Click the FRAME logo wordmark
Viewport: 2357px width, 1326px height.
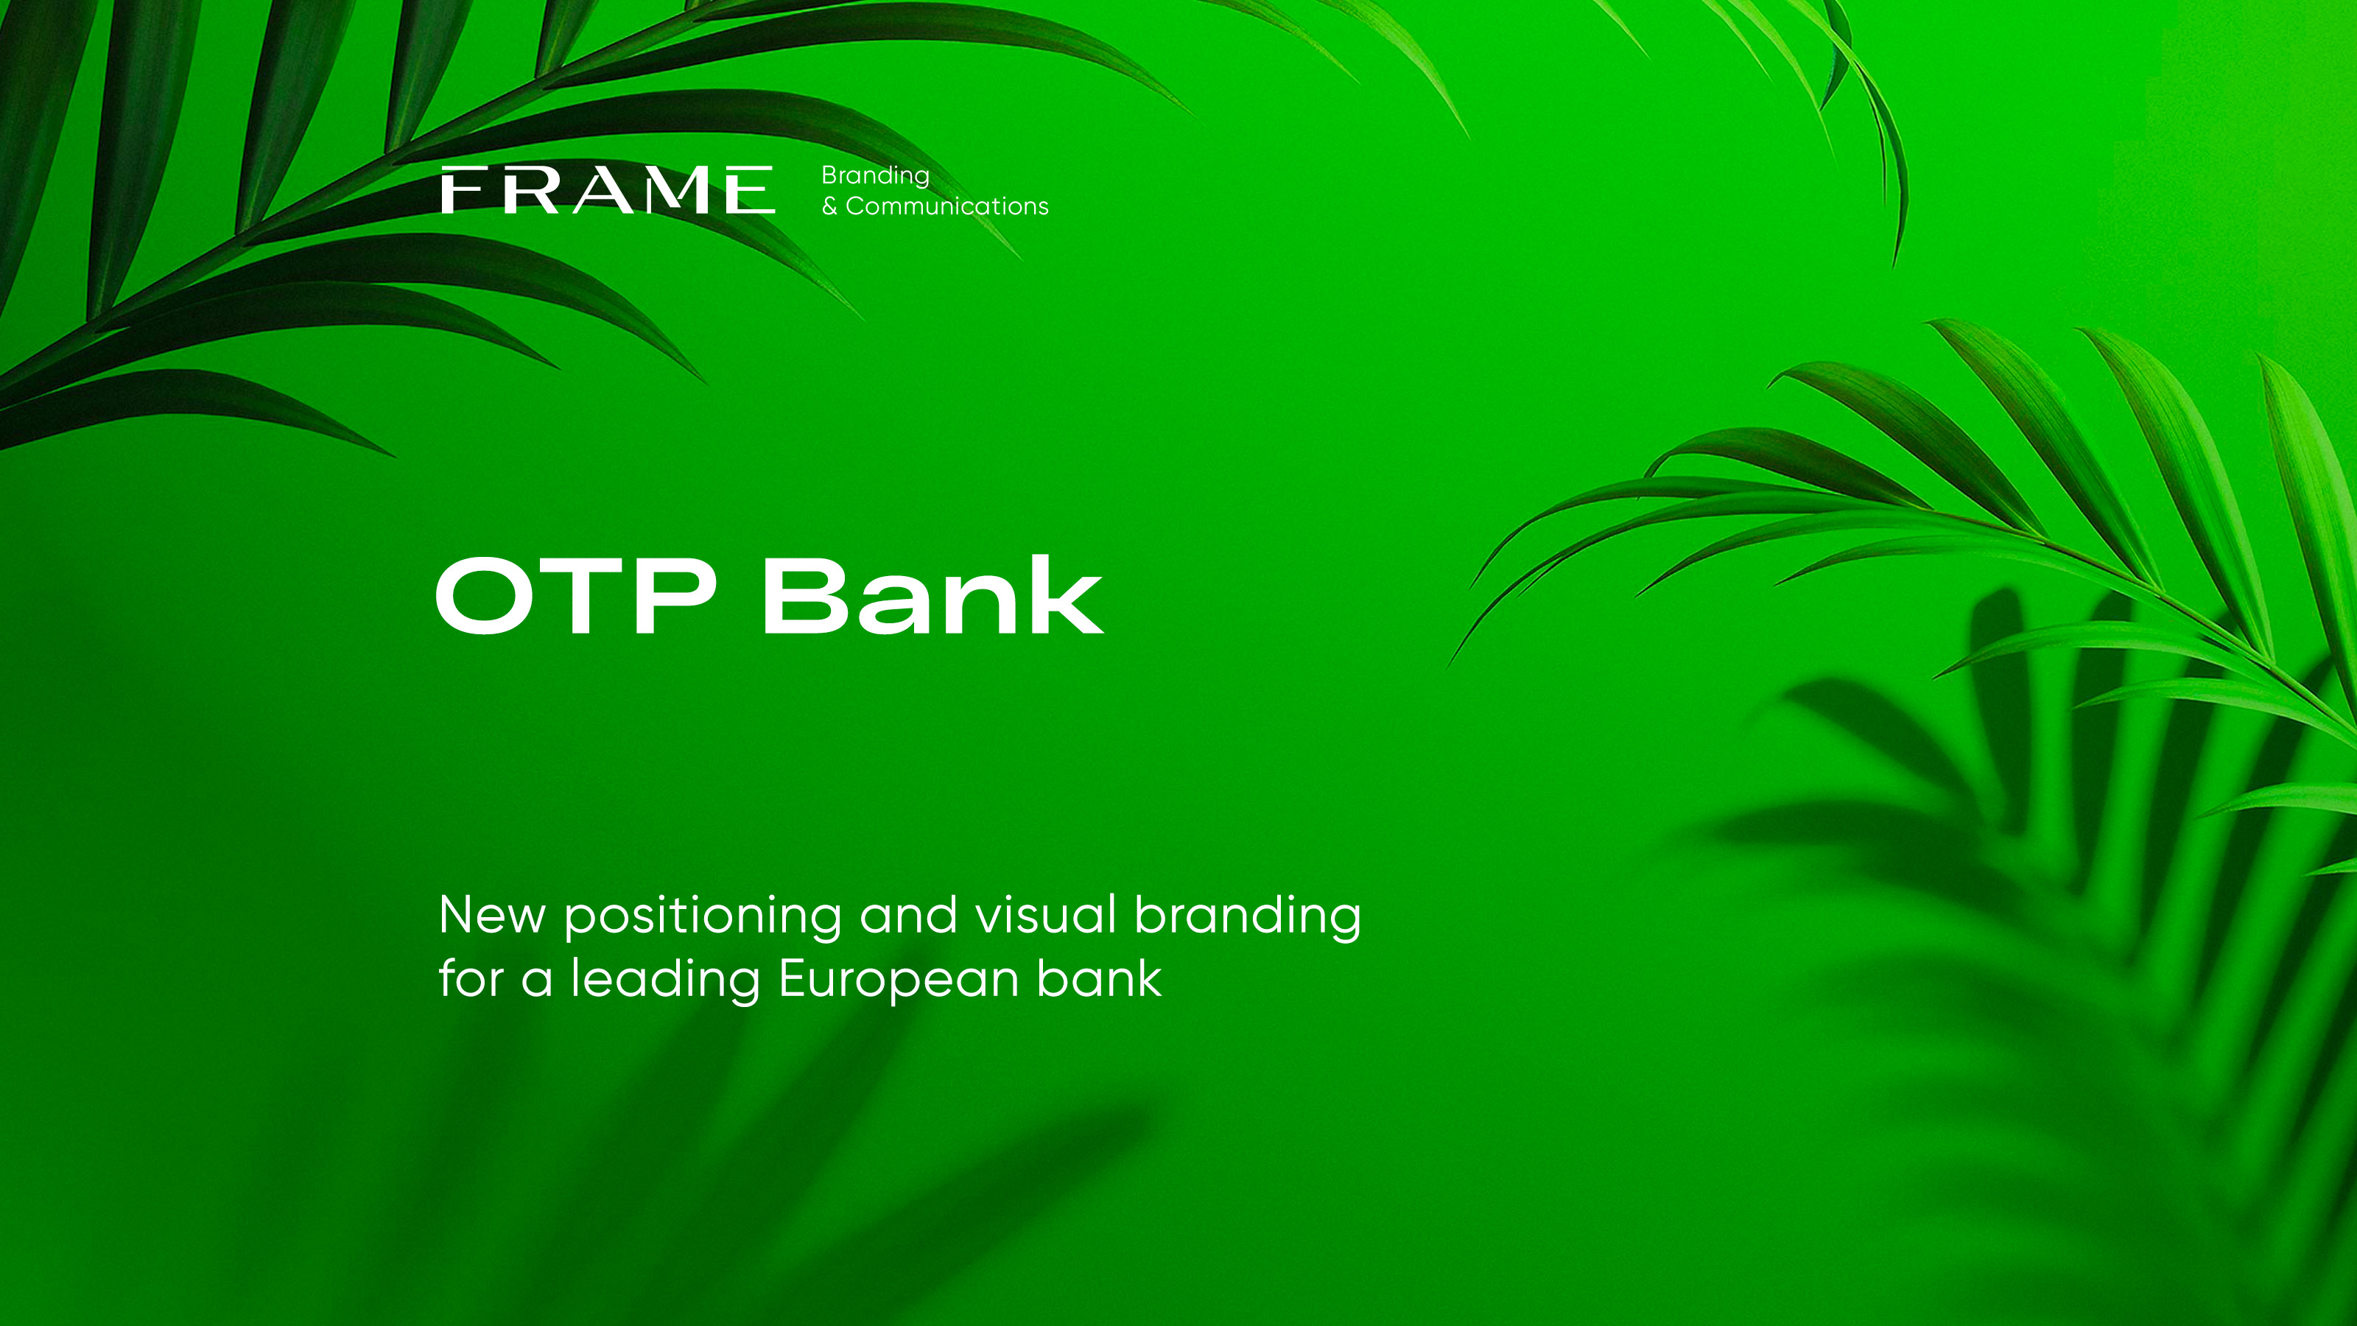608,190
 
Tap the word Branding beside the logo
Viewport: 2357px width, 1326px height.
875,176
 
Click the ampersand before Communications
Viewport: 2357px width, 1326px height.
829,207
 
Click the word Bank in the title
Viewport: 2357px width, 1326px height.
932,596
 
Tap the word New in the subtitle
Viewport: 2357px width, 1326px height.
492,915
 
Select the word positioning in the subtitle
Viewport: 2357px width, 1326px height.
703,917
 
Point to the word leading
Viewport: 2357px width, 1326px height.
665,980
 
